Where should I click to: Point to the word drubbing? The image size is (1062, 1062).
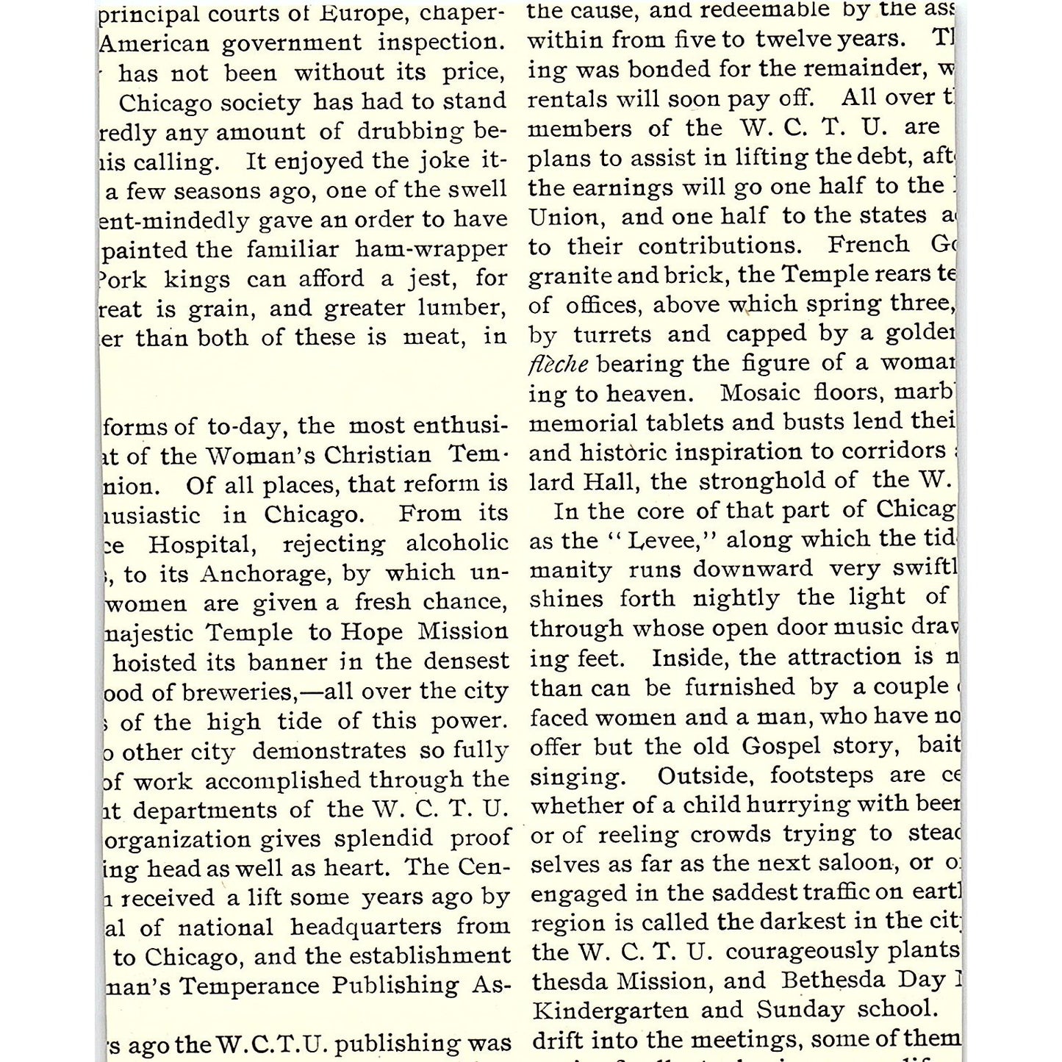pos(413,132)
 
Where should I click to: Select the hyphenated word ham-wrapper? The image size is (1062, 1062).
pos(431,250)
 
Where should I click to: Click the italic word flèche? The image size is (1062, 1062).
pos(558,364)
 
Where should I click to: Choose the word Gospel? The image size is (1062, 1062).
pos(781,746)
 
